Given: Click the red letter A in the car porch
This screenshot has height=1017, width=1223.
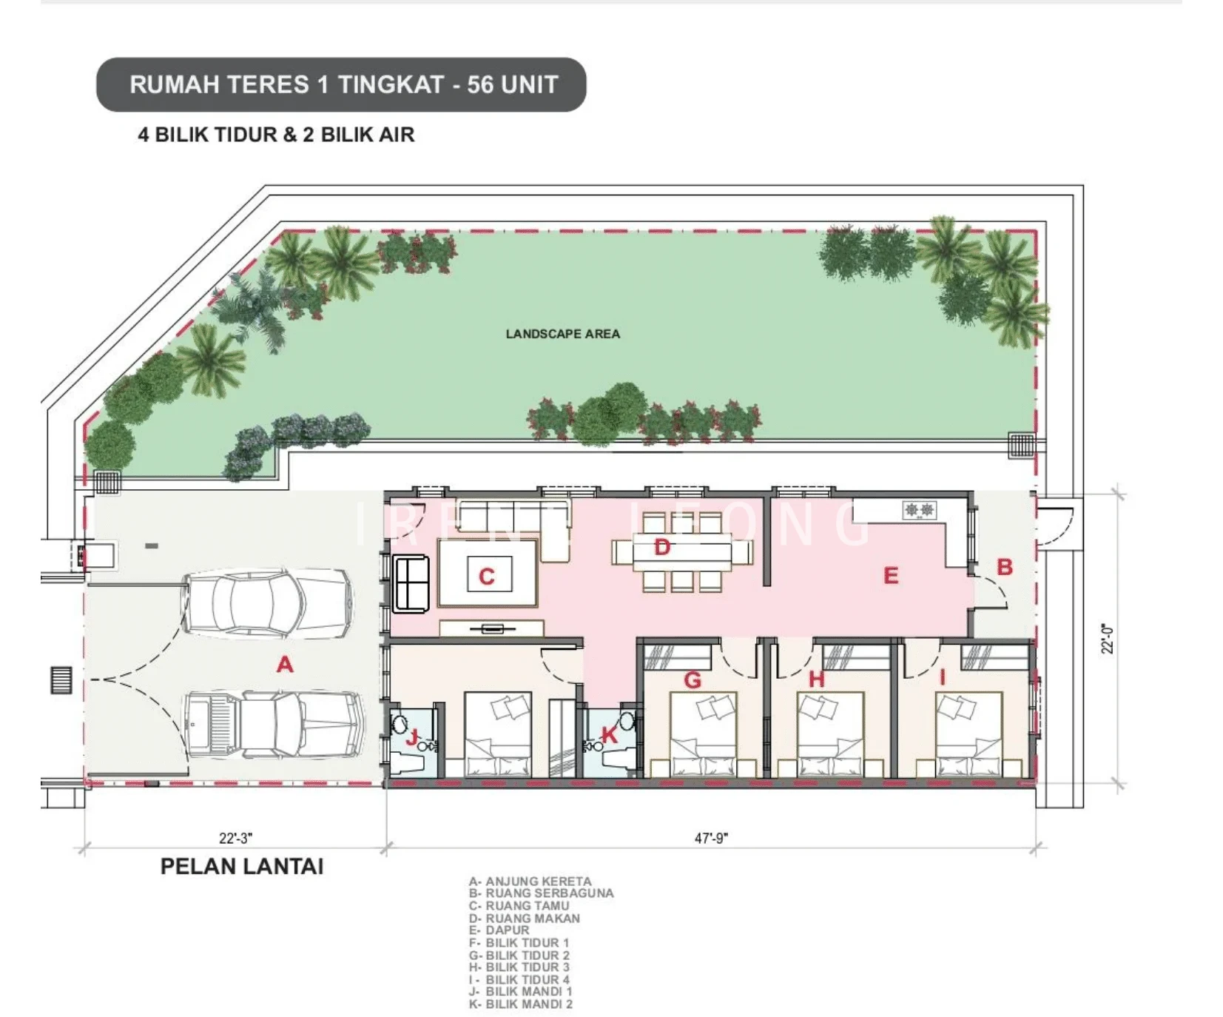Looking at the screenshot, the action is [x=285, y=665].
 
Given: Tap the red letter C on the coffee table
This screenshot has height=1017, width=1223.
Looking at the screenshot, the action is [x=486, y=577].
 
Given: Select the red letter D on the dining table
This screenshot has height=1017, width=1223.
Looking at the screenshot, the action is [x=662, y=548].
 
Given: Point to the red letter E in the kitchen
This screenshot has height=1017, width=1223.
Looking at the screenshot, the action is [x=891, y=576].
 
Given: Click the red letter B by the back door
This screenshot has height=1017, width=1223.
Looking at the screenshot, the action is [x=1005, y=567].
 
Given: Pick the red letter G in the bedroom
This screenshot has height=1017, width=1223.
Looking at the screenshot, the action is [x=693, y=679].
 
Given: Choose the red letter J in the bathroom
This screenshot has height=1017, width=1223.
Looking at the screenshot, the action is [x=412, y=736].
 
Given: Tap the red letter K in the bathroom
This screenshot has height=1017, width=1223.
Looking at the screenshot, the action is [x=609, y=734].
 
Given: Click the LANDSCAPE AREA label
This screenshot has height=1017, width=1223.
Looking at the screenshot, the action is [x=563, y=334].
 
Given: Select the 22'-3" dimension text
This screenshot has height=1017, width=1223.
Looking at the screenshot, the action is [x=235, y=838].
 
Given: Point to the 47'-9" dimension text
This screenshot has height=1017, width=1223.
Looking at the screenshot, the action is [x=711, y=838].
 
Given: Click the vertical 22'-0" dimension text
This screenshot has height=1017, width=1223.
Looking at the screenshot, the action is [x=1107, y=639].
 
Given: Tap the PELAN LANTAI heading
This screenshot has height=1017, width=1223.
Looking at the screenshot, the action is [x=242, y=867].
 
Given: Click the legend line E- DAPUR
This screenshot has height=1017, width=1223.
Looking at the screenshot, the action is [x=499, y=930].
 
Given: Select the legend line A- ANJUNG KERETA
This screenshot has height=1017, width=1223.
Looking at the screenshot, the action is [x=530, y=882].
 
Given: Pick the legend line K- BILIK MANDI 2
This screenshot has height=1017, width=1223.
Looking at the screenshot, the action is [x=520, y=1004].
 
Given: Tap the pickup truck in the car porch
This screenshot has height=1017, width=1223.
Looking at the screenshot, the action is [x=274, y=725].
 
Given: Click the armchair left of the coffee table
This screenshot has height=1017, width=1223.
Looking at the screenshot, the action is [x=411, y=584].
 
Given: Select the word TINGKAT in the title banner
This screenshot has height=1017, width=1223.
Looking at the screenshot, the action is [x=389, y=84].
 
